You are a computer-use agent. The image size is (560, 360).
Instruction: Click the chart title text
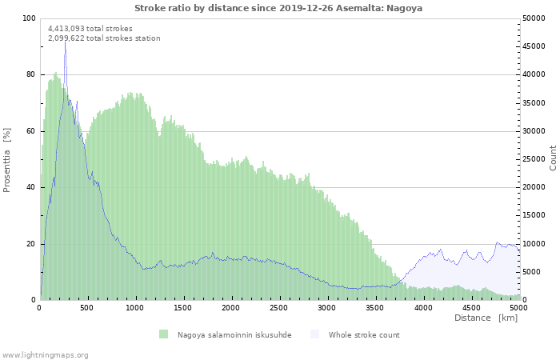pos(278,8)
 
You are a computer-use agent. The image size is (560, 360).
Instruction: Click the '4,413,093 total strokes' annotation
pos(90,29)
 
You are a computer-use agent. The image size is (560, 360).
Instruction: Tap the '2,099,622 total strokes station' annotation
pos(104,38)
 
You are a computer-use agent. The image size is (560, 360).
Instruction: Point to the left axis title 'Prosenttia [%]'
pos(7,159)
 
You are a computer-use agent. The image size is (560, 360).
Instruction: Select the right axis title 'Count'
pos(553,158)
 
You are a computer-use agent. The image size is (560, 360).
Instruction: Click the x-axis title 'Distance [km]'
pos(486,318)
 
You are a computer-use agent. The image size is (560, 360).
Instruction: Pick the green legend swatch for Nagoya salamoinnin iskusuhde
pos(163,334)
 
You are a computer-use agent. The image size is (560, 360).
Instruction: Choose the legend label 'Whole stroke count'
pos(364,335)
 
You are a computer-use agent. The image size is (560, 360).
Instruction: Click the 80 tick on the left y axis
pos(30,74)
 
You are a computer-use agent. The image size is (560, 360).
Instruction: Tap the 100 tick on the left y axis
pos(28,18)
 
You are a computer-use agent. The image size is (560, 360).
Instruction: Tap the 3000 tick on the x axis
pos(327,307)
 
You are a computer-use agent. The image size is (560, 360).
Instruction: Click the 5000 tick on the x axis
pos(518,307)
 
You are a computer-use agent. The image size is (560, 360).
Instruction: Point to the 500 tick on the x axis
pos(87,307)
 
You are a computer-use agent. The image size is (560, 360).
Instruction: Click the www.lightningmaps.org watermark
pos(45,354)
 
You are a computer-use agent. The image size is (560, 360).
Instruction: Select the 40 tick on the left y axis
pos(30,187)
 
